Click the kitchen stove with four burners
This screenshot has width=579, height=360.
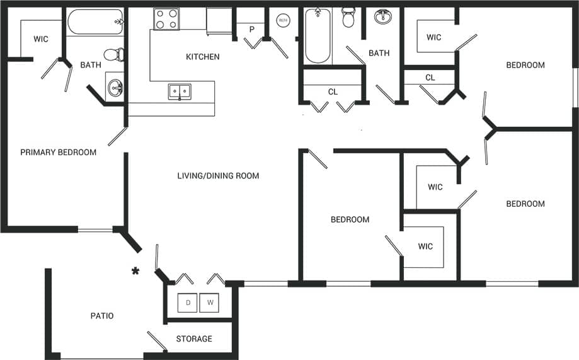pyautogui.click(x=166, y=19)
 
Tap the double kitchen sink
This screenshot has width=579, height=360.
pyautogui.click(x=180, y=91)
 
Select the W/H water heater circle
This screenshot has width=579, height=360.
pyautogui.click(x=282, y=20)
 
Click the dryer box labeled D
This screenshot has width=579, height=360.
pyautogui.click(x=188, y=303)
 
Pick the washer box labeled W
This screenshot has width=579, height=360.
pyautogui.click(x=209, y=303)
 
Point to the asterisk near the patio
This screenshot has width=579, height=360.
pyautogui.click(x=135, y=272)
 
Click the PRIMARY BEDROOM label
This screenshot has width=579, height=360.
pyautogui.click(x=58, y=153)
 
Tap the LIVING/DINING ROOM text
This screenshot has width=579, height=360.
pyautogui.click(x=218, y=176)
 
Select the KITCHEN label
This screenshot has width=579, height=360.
pyautogui.click(x=202, y=57)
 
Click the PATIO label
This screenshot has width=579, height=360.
pyautogui.click(x=101, y=316)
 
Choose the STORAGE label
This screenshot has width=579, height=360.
pyautogui.click(x=194, y=339)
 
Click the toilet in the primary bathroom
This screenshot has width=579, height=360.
pyautogui.click(x=113, y=55)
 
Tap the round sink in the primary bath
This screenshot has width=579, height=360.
pyautogui.click(x=114, y=88)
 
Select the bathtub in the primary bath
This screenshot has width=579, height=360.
pyautogui.click(x=95, y=21)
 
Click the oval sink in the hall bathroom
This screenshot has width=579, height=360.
pyautogui.click(x=382, y=17)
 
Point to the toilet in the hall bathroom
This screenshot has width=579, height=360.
pyautogui.click(x=348, y=17)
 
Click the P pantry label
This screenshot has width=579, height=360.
pyautogui.click(x=251, y=30)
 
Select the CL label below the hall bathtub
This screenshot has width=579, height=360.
pyautogui.click(x=333, y=92)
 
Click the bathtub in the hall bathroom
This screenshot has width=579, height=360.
pyautogui.click(x=318, y=35)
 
